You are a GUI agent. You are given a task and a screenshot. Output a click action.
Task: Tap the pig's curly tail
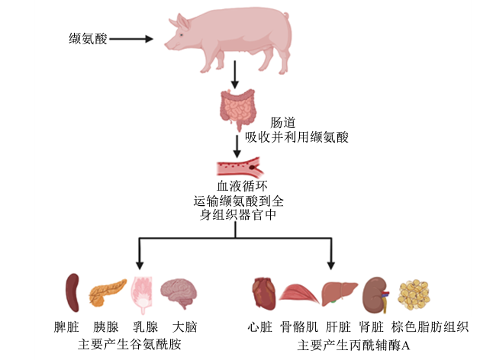pos(286,15)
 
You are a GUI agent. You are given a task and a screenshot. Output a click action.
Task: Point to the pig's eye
pos(182,35)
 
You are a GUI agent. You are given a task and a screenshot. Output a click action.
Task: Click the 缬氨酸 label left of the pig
pos(88,39)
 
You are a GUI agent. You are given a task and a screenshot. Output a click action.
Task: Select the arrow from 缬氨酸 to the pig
pos(131,39)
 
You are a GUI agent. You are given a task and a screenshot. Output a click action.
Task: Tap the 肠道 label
pos(283,123)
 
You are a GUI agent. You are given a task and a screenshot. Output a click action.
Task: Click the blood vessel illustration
pos(240,167)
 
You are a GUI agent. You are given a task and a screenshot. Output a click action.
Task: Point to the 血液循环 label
pos(243,186)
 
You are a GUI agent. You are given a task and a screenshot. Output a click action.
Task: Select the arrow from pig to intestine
pos(235,75)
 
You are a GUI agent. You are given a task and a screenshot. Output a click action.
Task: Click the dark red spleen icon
pos(72,293)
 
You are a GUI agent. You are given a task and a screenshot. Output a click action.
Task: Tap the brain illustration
pos(179,293)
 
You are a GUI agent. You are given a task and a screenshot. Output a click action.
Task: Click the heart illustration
pos(264,294)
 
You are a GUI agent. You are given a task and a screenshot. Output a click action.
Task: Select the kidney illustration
pos(375,294)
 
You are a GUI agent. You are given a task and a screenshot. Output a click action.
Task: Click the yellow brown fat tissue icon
pos(414,295)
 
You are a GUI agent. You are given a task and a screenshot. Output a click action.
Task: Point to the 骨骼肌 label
pos(299,326)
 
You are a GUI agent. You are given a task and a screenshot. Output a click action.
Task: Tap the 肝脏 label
pos(339,326)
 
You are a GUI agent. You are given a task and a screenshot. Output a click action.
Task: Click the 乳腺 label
pos(145,326)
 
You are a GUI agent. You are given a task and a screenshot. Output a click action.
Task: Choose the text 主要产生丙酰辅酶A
pos(353,345)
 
